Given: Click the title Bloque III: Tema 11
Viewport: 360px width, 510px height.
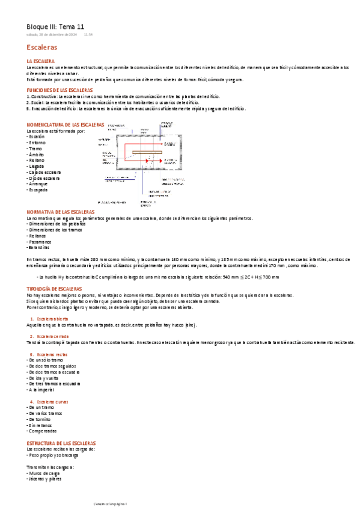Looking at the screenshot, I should (55, 26).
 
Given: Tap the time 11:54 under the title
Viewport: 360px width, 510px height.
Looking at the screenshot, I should (88, 35).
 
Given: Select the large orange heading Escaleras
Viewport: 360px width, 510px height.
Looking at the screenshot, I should (42, 47).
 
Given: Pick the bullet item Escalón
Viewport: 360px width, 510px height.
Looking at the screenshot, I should (37, 137).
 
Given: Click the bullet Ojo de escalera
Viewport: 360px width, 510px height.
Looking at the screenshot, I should (44, 178).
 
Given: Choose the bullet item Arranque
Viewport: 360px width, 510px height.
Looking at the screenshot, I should (38, 184).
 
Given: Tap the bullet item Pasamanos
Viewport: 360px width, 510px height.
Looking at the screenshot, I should (41, 241).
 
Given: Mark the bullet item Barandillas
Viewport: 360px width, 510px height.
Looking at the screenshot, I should (40, 247).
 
